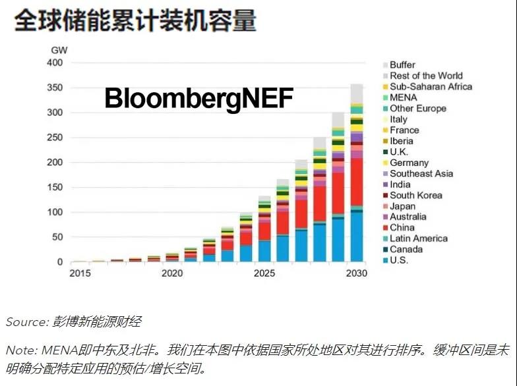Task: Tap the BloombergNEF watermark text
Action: coord(198,99)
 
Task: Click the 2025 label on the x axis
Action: coord(264,273)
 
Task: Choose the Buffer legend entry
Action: coord(402,65)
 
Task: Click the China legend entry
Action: coord(402,228)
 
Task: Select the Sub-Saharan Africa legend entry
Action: coord(430,87)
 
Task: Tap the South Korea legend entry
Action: coord(415,196)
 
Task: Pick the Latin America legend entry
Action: coord(418,238)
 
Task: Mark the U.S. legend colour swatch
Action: coord(384,261)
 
